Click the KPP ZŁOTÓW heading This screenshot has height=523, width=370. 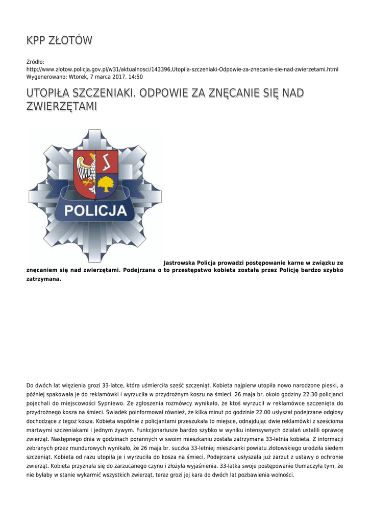59,40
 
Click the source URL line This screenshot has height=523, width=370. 182,69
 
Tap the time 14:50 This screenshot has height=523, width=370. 135,77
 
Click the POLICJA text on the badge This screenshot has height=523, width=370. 95,210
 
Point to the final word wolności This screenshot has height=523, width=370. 281,474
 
